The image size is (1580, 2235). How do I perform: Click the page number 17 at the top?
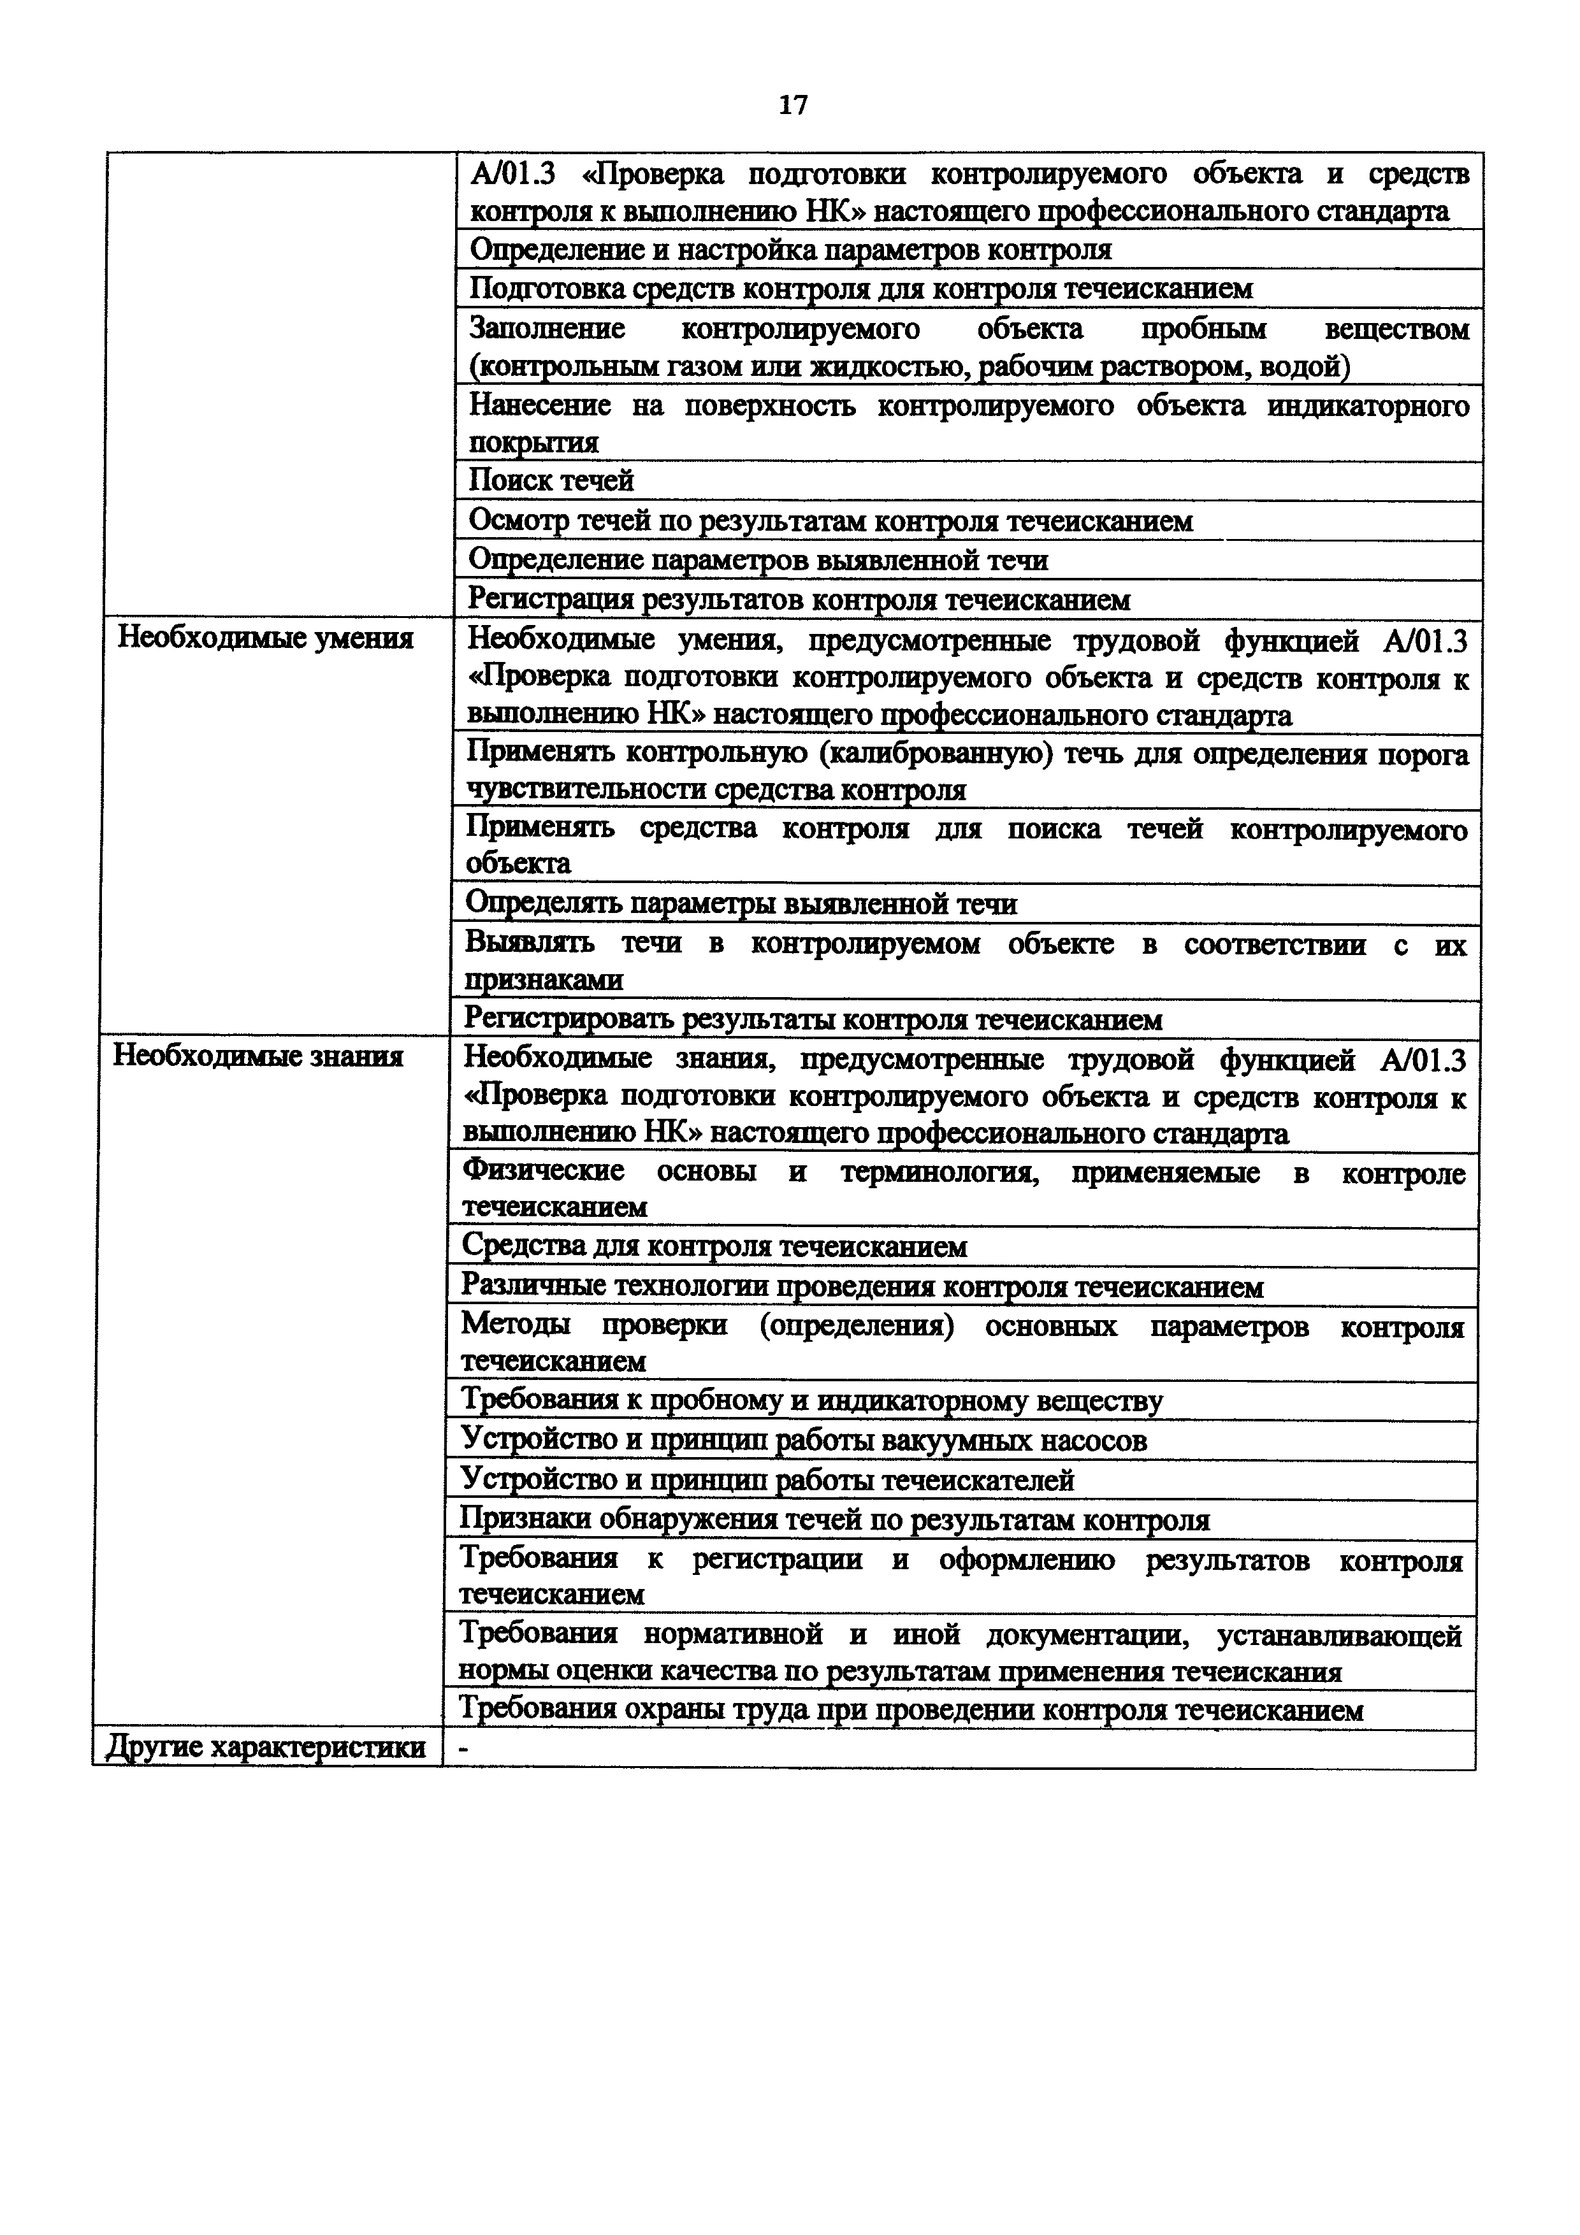(794, 105)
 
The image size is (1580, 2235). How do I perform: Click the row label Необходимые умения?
(265, 638)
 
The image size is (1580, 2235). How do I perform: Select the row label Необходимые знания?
(258, 1056)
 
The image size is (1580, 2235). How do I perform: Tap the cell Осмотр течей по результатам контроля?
(830, 521)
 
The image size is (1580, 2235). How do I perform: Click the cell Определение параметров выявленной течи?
(758, 561)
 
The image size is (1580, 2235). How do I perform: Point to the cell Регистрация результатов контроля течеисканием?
(799, 600)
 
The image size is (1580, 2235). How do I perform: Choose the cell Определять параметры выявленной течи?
(741, 904)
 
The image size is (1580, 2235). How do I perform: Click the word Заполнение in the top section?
(547, 329)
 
